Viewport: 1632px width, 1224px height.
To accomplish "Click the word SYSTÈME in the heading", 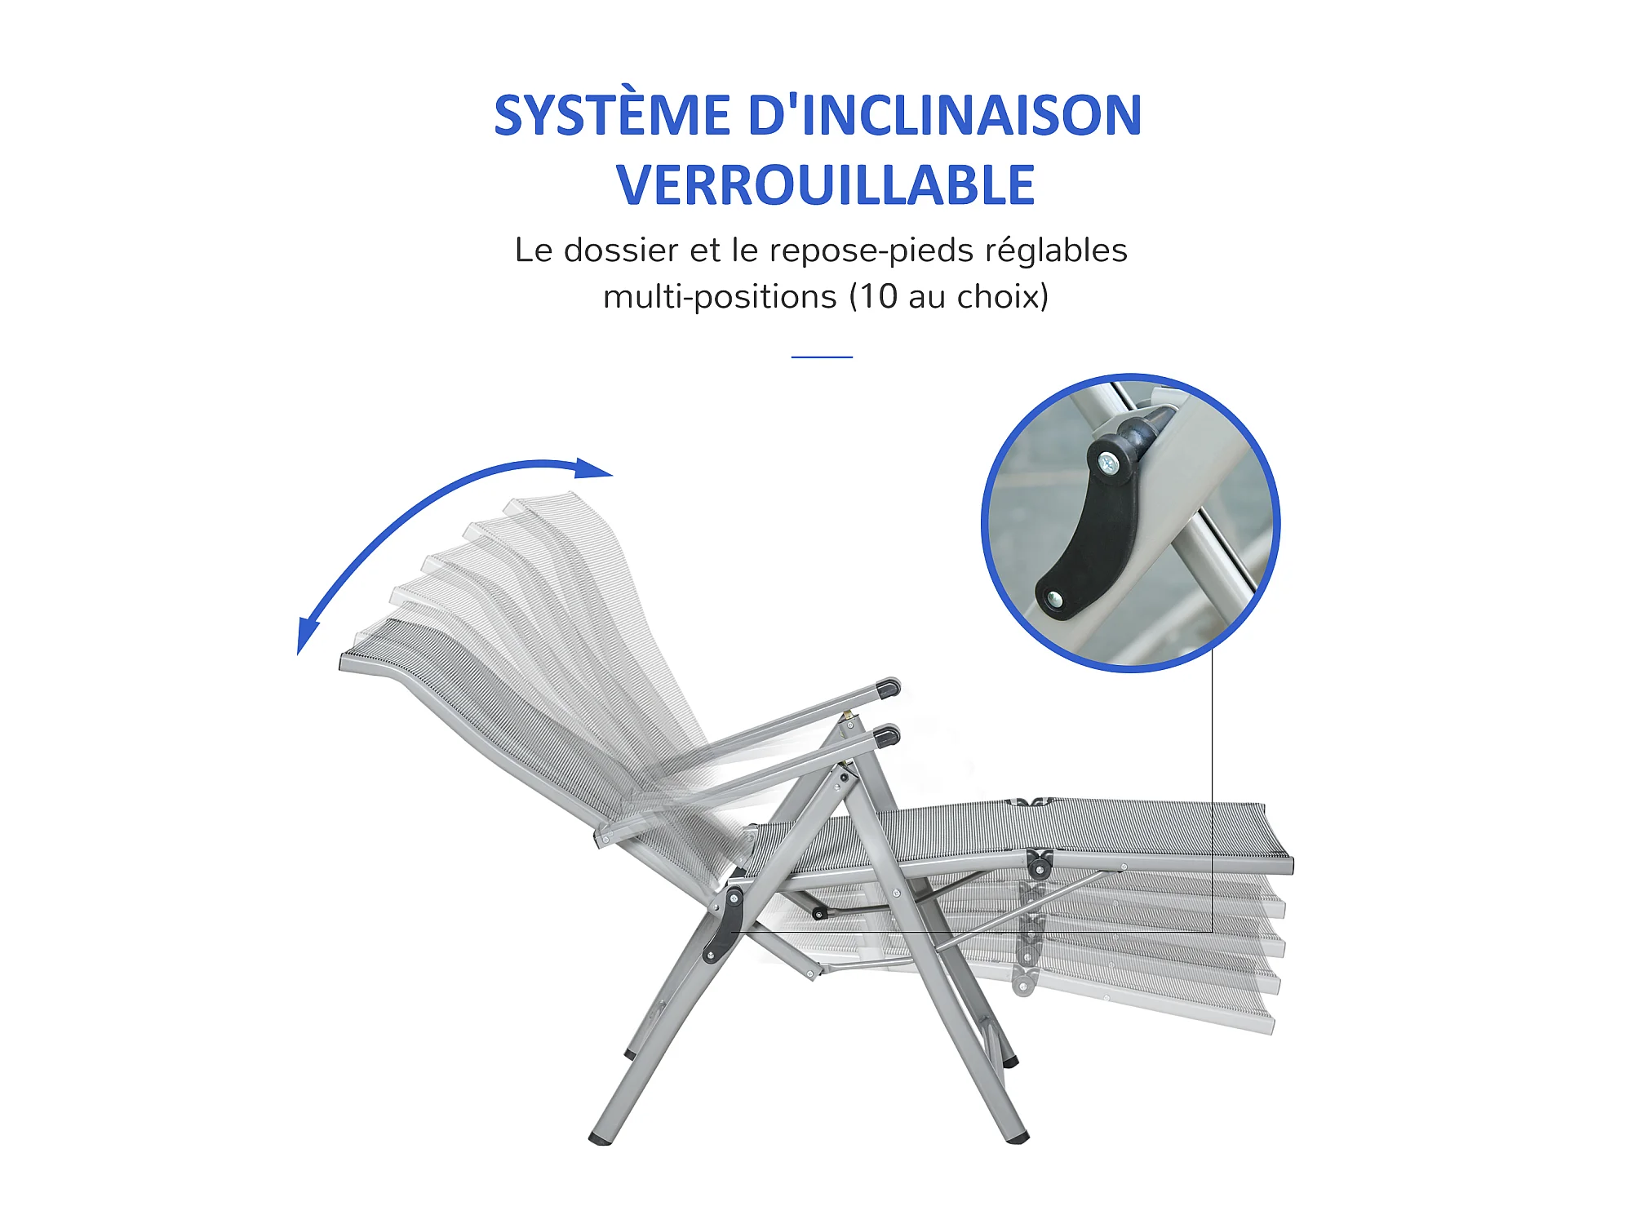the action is [x=612, y=115].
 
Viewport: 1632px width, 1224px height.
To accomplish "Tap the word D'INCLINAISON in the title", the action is [x=945, y=114].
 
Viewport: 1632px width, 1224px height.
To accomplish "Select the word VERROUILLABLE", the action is [x=825, y=185].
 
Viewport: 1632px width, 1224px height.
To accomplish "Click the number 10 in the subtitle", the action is [x=878, y=296].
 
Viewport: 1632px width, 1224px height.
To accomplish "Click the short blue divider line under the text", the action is [x=822, y=357].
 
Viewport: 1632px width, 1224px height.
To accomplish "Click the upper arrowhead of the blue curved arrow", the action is [x=593, y=468].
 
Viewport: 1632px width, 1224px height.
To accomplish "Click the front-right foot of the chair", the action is [x=1017, y=1138].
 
